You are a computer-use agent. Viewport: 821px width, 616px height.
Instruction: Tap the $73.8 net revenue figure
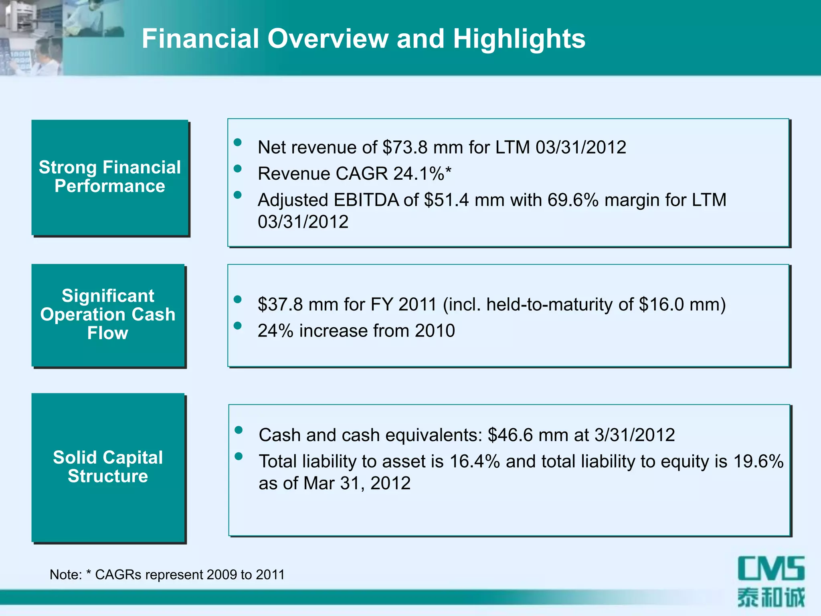pyautogui.click(x=405, y=147)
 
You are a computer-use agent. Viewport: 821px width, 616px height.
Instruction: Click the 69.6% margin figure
pyautogui.click(x=573, y=200)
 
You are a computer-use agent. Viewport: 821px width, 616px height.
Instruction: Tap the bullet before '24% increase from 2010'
pyautogui.click(x=238, y=326)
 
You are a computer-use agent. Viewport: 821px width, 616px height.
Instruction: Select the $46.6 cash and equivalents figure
pyautogui.click(x=510, y=435)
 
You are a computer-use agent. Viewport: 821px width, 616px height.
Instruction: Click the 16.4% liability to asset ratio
pyautogui.click(x=475, y=461)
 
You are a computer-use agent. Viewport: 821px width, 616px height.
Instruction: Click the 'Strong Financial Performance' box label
pyautogui.click(x=110, y=176)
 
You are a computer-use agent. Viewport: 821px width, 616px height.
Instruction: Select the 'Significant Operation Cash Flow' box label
pyautogui.click(x=108, y=314)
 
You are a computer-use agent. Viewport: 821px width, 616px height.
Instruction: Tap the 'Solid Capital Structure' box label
pyautogui.click(x=108, y=467)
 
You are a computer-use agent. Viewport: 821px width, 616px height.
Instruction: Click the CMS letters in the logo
pyautogui.click(x=771, y=568)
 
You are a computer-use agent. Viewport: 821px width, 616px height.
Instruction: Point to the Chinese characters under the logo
pyautogui.click(x=771, y=598)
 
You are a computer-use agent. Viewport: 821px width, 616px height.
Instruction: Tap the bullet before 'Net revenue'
pyautogui.click(x=238, y=142)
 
